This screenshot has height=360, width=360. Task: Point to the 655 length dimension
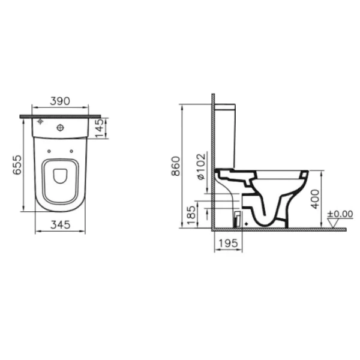click(x=17, y=164)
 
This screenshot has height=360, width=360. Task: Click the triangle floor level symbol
click(x=340, y=224)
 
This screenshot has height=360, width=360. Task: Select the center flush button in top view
click(x=61, y=127)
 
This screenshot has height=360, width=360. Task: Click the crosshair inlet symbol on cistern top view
click(x=40, y=122)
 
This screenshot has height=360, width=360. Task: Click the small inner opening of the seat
click(x=60, y=176)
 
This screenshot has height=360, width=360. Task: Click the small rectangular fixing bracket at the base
click(x=237, y=218)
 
